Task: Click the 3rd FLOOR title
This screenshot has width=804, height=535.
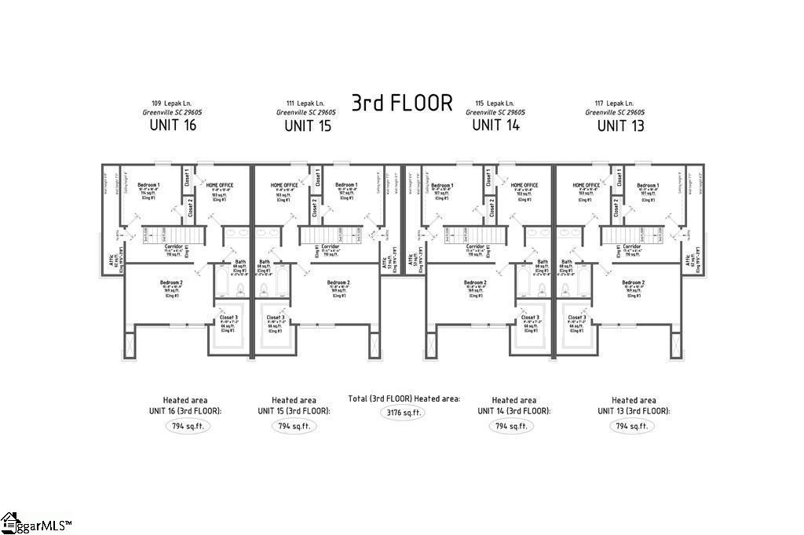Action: [401, 104]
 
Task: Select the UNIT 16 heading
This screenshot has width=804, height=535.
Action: [172, 126]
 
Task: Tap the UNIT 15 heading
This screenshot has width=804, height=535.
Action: [308, 126]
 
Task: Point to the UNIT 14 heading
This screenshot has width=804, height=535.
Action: [495, 126]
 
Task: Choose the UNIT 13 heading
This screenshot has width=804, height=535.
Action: [620, 126]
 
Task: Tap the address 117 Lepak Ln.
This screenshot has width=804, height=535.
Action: [615, 103]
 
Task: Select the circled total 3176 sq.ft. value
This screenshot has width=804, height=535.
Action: [404, 413]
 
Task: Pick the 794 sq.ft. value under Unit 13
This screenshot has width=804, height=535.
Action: [632, 426]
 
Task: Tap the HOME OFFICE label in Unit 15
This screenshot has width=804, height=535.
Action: [285, 186]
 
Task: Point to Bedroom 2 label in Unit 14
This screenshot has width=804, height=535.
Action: [475, 282]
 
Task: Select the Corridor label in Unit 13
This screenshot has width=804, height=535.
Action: [632, 246]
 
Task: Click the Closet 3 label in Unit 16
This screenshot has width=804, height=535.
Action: [228, 318]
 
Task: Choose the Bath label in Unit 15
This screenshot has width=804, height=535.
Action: [265, 262]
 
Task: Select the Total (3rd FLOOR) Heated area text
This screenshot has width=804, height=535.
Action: [404, 399]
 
